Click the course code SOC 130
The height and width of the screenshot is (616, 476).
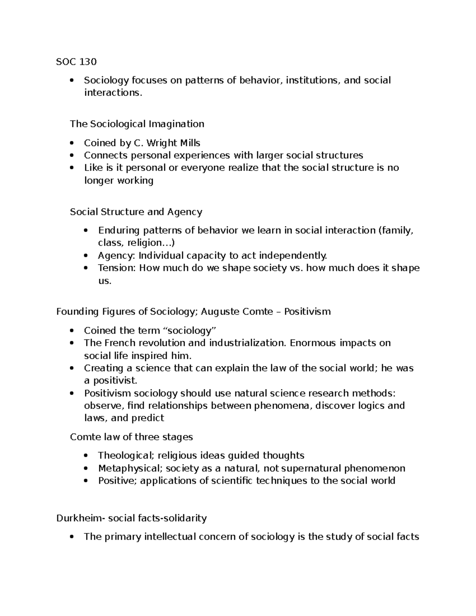76,61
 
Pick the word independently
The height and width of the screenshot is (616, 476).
293,255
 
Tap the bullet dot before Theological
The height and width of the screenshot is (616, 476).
86,456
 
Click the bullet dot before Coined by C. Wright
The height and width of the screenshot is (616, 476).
71,143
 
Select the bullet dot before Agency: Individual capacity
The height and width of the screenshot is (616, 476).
86,255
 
